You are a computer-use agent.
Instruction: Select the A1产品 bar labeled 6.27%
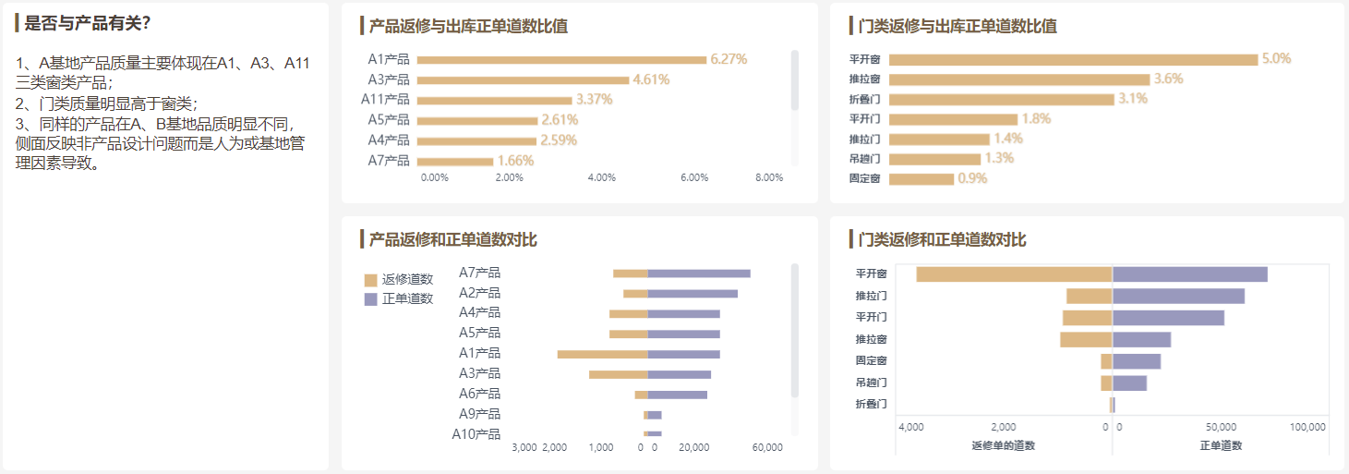(x=561, y=60)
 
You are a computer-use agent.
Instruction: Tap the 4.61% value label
(x=651, y=79)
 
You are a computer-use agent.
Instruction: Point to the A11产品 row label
(x=385, y=100)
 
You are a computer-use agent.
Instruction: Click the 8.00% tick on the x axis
(x=769, y=177)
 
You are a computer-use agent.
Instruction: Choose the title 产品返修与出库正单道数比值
(x=468, y=26)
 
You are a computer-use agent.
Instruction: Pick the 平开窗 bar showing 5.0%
(x=1073, y=59)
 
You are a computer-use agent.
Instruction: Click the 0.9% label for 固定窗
(x=972, y=178)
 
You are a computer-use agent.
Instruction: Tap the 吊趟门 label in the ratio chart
(x=864, y=159)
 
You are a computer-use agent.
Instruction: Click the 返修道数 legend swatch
(x=371, y=280)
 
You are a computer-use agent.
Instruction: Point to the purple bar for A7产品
(x=699, y=273)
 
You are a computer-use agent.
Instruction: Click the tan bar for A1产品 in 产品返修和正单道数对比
(x=603, y=354)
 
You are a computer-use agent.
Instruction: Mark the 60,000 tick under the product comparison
(x=767, y=447)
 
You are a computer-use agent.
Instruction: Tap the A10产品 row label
(x=476, y=434)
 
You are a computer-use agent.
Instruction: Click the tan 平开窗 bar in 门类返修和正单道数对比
(x=1014, y=274)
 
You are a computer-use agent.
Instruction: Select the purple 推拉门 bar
(x=1178, y=297)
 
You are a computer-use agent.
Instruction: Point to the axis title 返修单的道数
(x=1003, y=445)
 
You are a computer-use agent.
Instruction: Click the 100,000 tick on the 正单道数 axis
(x=1307, y=427)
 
